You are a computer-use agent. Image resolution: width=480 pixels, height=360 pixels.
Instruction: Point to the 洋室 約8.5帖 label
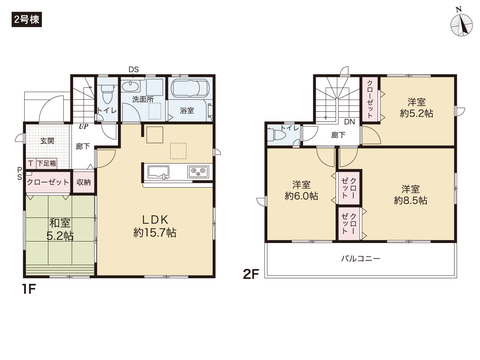(x=412, y=194)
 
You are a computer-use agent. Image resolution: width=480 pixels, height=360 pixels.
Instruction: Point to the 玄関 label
(x=47, y=141)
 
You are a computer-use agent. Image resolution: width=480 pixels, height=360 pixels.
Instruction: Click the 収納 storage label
(x=83, y=182)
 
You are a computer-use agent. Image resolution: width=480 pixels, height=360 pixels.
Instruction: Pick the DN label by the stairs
(x=349, y=120)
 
